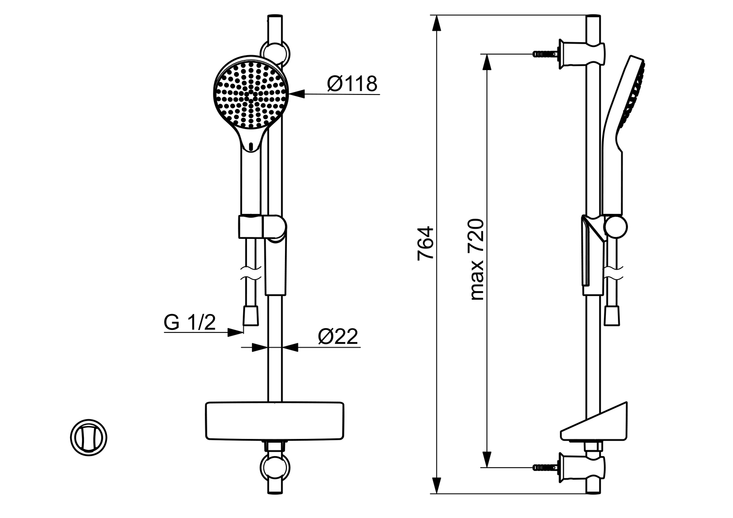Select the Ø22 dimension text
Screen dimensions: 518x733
tap(338, 337)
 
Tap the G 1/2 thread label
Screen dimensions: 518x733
tap(189, 322)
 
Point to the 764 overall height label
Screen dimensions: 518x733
tap(426, 243)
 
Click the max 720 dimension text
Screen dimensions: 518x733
tap(477, 259)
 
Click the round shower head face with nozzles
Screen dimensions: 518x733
tap(249, 94)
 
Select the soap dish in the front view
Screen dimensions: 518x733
tap(275, 421)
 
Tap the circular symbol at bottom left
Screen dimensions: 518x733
tap(89, 437)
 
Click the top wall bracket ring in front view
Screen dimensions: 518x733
tap(275, 53)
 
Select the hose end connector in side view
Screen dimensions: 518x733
tap(612, 316)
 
